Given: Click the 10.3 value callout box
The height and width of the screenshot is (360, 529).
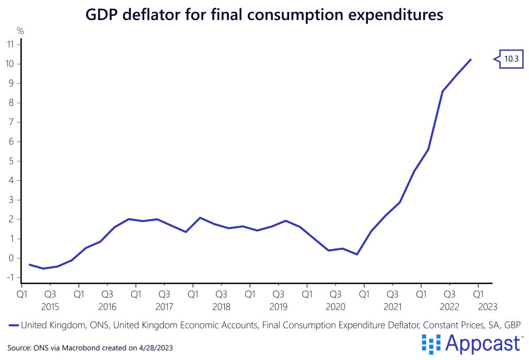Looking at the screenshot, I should point(511,59).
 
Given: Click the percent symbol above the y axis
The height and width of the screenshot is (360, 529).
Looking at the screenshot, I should point(21,32).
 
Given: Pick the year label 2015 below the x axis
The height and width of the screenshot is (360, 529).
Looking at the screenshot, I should point(50,306).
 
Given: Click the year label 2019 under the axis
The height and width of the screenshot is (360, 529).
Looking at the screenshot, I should point(278,306).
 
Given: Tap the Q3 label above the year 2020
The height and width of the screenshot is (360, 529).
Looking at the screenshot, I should point(335,294).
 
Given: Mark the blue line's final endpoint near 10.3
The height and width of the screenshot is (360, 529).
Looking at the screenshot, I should point(471,59).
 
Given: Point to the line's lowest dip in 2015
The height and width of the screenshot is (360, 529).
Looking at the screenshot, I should point(43,269).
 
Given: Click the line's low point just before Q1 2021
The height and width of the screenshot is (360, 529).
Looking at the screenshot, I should point(356,254).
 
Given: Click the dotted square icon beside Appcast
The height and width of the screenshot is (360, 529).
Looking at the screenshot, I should point(431,343).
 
